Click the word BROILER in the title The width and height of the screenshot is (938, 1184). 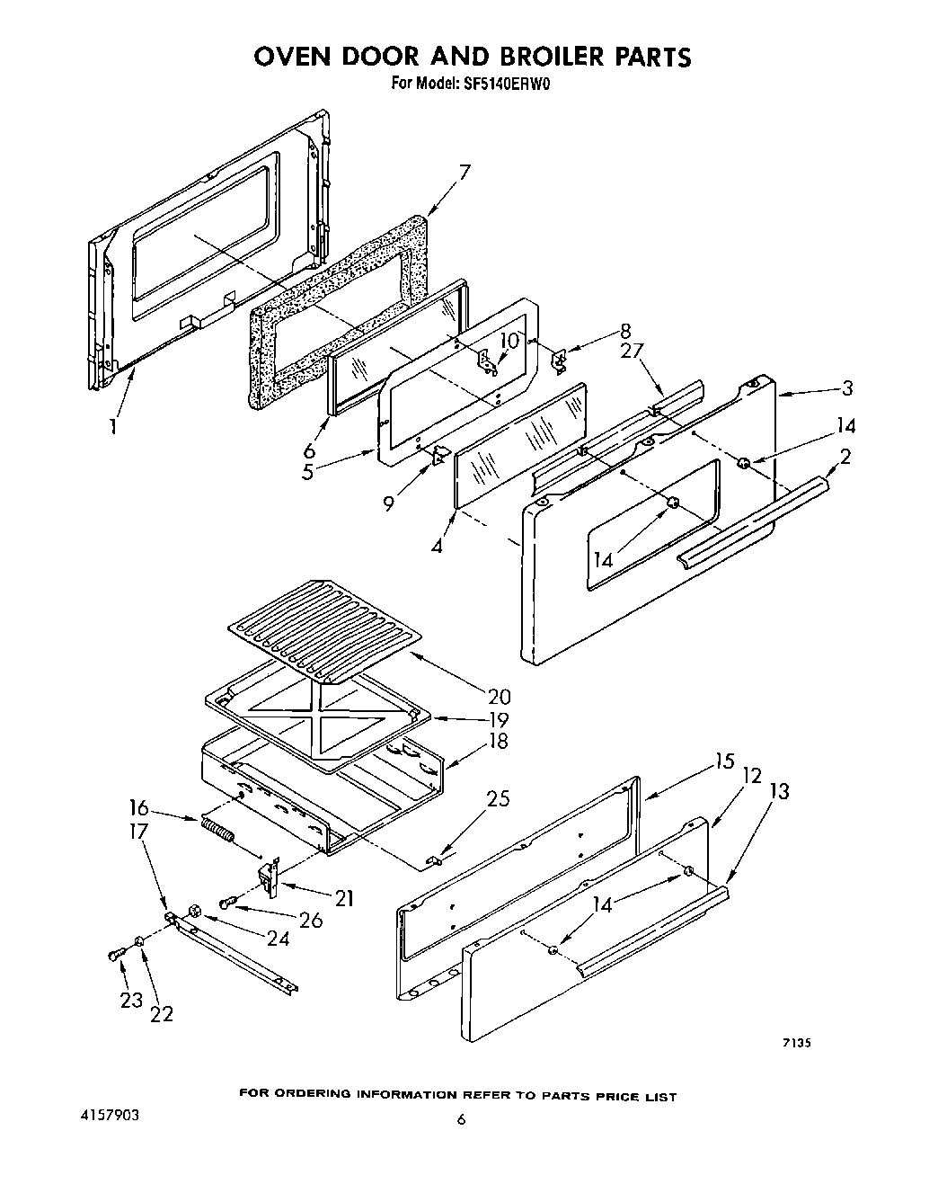click(x=525, y=57)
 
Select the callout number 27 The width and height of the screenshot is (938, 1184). click(x=633, y=352)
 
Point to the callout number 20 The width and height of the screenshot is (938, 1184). click(x=499, y=697)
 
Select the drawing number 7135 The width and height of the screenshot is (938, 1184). click(x=796, y=1044)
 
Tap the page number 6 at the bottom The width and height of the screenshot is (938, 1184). click(x=461, y=1119)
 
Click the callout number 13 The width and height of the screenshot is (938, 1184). click(x=779, y=791)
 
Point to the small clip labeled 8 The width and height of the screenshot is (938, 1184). click(x=559, y=360)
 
